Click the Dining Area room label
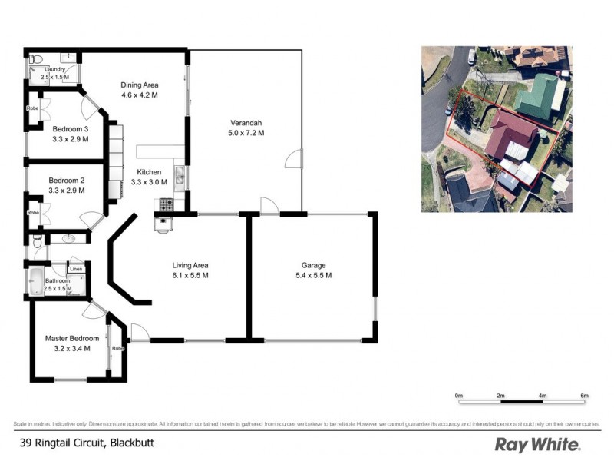(140, 85)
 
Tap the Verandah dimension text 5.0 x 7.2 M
(246, 133)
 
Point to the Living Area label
(190, 265)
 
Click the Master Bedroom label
(71, 338)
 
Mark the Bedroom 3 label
(70, 129)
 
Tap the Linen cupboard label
(76, 269)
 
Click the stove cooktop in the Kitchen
(165, 204)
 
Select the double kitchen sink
(178, 179)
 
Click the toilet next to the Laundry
(37, 58)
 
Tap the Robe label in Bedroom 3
(32, 108)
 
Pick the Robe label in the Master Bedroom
(117, 348)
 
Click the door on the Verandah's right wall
(292, 160)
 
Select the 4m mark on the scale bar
(543, 396)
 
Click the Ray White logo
(537, 444)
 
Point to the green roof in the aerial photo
(541, 97)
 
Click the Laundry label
(55, 69)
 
